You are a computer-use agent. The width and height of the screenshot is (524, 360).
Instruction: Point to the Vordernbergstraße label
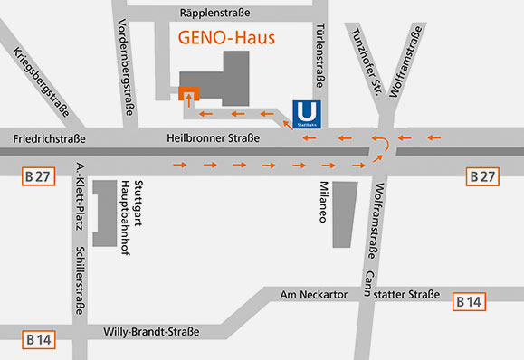(x=128, y=68)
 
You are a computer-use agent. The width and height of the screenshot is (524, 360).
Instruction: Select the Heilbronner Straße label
(x=214, y=138)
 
